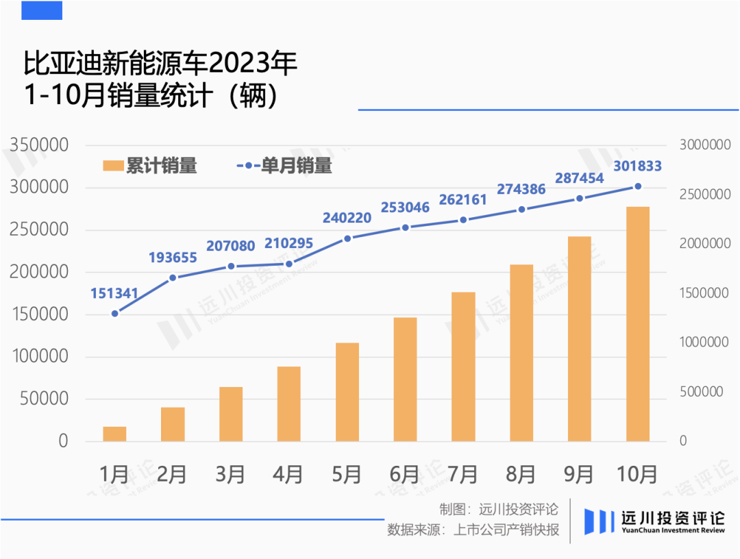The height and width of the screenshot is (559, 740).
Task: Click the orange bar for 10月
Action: tap(637, 324)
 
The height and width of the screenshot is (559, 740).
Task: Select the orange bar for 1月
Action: tap(114, 434)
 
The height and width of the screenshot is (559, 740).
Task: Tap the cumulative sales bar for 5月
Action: tap(347, 392)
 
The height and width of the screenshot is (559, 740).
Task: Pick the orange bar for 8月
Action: tap(521, 353)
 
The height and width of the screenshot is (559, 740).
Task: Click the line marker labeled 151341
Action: tap(114, 313)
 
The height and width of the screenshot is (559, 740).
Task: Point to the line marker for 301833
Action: tap(638, 186)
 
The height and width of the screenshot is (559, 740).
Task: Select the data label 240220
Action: tap(347, 219)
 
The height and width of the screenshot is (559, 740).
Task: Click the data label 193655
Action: tap(173, 258)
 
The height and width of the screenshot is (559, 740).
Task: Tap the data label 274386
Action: tap(521, 190)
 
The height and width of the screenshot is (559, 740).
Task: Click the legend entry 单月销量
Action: tap(284, 166)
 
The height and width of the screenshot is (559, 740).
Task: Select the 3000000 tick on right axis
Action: tap(705, 145)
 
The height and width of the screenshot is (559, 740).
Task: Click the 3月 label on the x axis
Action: tap(230, 474)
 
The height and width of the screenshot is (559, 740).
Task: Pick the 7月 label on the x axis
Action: tap(463, 474)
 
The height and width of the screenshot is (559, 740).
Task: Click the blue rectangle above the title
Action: tap(42, 10)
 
